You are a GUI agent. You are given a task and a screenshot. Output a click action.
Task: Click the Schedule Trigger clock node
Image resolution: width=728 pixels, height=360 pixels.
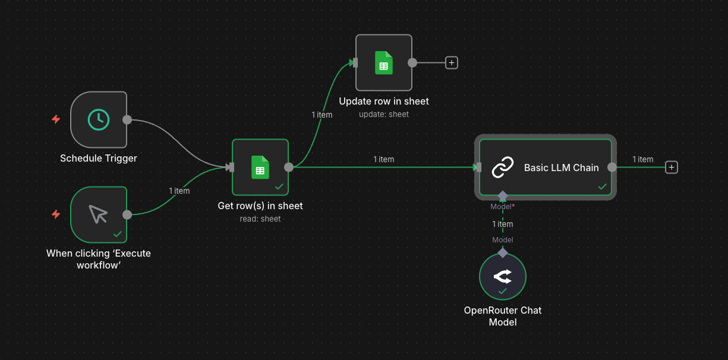point(99,119)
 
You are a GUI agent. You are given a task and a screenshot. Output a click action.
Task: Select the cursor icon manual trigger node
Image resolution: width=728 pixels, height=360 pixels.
point(99,214)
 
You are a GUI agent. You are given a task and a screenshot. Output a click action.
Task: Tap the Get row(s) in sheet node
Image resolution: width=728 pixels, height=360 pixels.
point(260,167)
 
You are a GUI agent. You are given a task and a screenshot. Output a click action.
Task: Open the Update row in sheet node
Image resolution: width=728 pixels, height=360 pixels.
point(383,62)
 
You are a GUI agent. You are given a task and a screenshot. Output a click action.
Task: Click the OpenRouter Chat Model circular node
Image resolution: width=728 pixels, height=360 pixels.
point(503,276)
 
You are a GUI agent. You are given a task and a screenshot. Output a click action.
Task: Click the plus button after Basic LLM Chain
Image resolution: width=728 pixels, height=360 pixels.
point(672,168)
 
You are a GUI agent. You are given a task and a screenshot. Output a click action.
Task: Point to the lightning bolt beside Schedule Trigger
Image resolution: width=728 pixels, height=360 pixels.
point(56,119)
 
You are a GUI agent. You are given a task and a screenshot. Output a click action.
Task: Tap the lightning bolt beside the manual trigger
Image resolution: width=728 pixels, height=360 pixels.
point(56,214)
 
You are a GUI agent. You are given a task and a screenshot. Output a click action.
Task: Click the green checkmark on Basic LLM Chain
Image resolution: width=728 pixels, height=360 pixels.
point(602,187)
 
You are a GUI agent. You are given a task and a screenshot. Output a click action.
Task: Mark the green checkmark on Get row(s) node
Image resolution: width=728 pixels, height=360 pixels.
point(279,187)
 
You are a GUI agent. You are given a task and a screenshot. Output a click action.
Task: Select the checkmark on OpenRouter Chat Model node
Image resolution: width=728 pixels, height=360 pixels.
point(503,291)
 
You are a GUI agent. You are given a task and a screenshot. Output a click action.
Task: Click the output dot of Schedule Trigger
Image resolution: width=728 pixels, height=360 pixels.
point(127,119)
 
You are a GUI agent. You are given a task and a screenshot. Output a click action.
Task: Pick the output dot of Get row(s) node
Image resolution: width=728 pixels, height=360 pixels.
point(289,167)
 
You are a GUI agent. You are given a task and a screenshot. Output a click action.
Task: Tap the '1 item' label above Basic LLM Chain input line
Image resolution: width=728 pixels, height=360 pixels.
point(383,159)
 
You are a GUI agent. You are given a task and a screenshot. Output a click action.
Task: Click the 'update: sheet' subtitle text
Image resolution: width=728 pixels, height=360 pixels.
point(384,114)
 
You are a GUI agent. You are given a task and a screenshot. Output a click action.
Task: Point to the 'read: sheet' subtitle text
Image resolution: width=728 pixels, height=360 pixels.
point(260,219)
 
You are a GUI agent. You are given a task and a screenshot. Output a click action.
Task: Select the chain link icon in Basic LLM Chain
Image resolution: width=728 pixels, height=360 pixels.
point(503,168)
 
